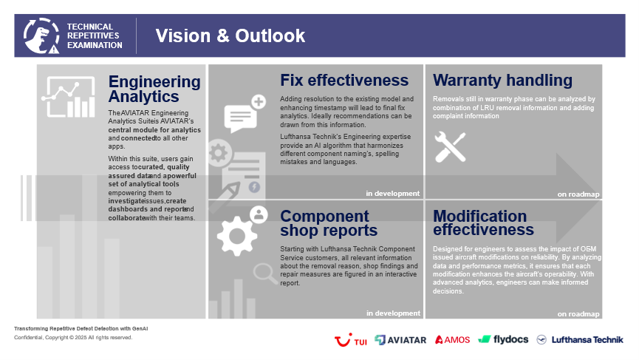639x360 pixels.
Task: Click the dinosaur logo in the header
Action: tap(41, 36)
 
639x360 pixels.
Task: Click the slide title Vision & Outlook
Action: tap(230, 36)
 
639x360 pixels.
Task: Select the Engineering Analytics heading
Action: tap(154, 89)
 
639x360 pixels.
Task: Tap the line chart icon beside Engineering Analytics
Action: tap(69, 97)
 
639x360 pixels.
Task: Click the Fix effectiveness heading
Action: tap(344, 81)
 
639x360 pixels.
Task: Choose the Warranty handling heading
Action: tap(502, 81)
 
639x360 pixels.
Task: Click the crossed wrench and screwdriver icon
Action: tap(450, 147)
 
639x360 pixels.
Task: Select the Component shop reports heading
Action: tap(329, 223)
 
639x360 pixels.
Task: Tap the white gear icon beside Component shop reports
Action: tap(237, 236)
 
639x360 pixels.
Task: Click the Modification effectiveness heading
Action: tap(483, 223)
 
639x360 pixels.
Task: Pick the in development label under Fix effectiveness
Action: tap(392, 194)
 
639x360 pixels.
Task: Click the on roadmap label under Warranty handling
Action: tap(578, 194)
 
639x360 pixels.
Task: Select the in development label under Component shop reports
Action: tap(393, 313)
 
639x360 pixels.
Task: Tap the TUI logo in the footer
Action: tap(350, 340)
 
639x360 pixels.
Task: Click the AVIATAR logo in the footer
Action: tap(400, 340)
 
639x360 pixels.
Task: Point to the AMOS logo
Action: tap(452, 339)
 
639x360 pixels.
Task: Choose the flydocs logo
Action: tap(503, 339)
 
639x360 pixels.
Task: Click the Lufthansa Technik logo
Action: tap(580, 339)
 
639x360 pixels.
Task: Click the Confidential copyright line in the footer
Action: tap(73, 338)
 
